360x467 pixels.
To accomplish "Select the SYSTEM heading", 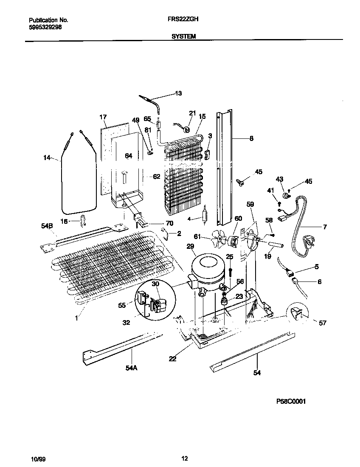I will coord(183,37).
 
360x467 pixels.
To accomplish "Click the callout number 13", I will coord(178,93).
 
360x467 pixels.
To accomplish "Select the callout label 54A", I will coord(132,369).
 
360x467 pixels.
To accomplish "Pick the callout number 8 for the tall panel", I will coord(251,138).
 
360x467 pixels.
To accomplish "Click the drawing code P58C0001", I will coord(291,401).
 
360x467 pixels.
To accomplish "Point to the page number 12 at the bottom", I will coord(184,459).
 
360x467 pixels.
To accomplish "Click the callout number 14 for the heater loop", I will coord(47,158).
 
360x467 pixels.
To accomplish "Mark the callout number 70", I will coord(157,223).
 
